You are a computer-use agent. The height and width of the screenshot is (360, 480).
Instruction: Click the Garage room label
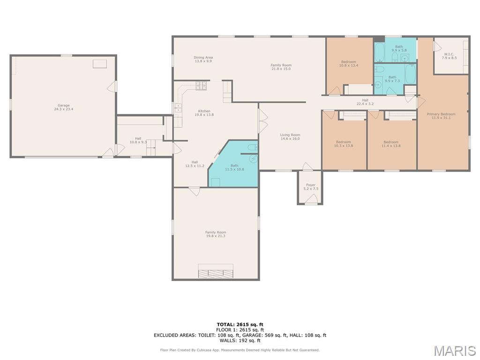point(64,107)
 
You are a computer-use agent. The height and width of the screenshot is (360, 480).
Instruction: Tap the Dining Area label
point(203,60)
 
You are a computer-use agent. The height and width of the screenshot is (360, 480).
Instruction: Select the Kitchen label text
point(204,113)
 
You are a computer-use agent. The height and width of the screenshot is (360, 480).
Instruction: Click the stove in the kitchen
point(201,85)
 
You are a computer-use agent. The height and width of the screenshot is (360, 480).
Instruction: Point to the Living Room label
point(290,137)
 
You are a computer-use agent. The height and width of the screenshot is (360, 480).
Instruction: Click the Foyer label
point(311,187)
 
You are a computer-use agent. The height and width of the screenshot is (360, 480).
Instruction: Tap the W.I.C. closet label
point(449,56)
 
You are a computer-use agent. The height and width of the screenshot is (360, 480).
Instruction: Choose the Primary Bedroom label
point(441,116)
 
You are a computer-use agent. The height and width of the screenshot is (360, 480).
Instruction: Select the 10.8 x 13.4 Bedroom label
point(349,64)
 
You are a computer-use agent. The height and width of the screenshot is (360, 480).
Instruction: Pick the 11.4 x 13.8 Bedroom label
point(391,144)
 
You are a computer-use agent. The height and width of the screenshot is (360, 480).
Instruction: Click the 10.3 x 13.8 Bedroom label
point(344,144)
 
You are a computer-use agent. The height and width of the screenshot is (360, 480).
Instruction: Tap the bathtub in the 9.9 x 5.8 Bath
point(380,52)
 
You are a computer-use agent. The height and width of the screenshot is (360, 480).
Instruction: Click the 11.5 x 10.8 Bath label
point(234,167)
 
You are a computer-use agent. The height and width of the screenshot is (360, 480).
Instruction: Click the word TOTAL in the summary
point(225,324)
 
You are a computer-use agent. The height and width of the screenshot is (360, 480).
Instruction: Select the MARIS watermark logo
point(455,351)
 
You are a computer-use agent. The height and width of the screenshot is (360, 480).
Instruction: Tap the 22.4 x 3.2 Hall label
point(365,102)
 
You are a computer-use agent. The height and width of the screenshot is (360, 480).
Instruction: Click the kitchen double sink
point(178,108)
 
